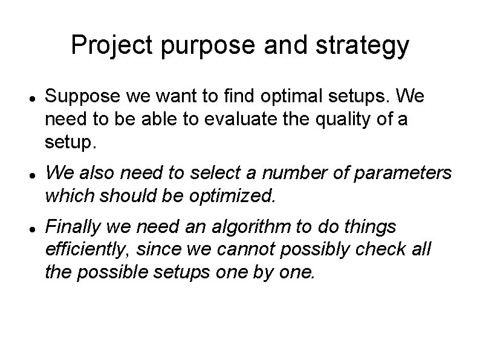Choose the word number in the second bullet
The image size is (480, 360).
(282, 174)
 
